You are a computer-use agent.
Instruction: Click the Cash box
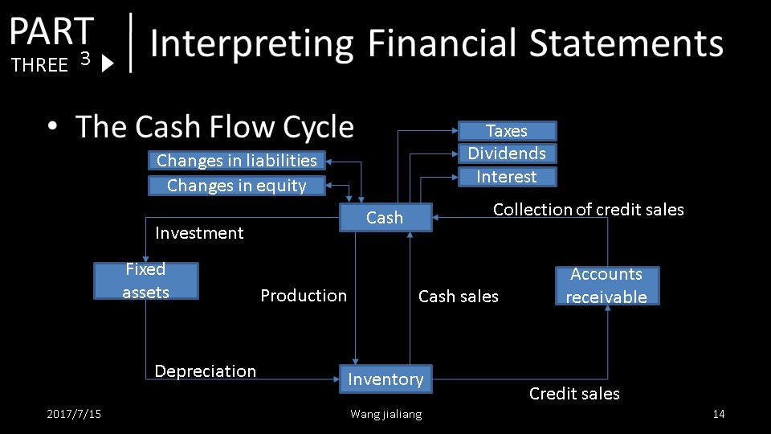click(385, 217)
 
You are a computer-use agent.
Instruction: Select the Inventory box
click(385, 379)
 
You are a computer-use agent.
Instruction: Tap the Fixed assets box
click(145, 280)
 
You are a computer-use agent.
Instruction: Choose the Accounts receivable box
click(606, 285)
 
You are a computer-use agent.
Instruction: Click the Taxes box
click(507, 131)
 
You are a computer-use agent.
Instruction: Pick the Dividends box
click(507, 154)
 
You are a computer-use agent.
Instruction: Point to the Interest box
click(507, 177)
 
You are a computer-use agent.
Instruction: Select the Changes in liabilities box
click(237, 161)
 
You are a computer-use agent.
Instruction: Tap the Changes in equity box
click(237, 186)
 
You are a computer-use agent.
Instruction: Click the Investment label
click(199, 233)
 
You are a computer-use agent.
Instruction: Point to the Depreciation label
click(206, 371)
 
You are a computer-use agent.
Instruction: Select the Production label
click(304, 296)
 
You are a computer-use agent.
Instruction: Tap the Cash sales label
click(459, 297)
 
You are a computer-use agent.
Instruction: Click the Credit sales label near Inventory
click(574, 394)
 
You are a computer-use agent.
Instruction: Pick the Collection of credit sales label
click(589, 210)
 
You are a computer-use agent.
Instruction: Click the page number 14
click(719, 414)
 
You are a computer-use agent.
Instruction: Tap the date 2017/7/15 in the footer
click(74, 414)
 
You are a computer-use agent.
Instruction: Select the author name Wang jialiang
click(385, 414)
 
